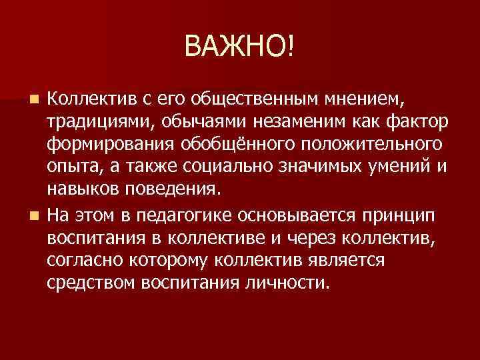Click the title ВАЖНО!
tap(240, 47)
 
